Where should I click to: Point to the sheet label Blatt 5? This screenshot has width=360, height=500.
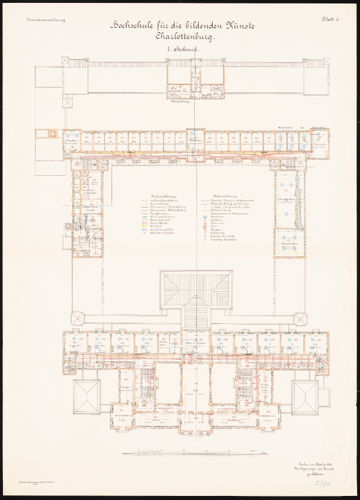(331, 19)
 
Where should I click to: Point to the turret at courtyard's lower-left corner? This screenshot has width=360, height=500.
(76, 318)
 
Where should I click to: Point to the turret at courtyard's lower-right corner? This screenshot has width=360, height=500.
(300, 318)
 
